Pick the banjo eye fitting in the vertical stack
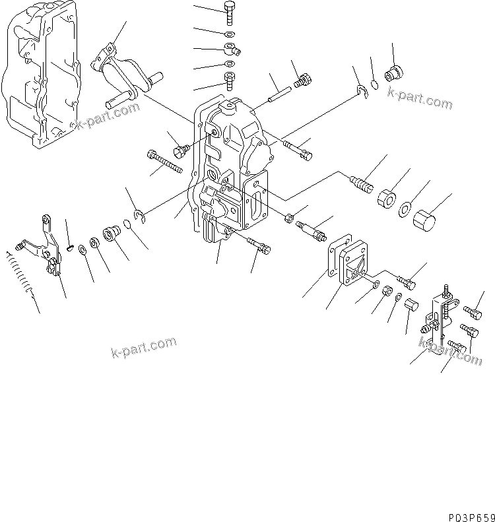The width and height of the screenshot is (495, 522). (230, 48)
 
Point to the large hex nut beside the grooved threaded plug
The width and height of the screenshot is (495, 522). (386, 198)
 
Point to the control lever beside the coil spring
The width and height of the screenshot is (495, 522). (43, 244)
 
